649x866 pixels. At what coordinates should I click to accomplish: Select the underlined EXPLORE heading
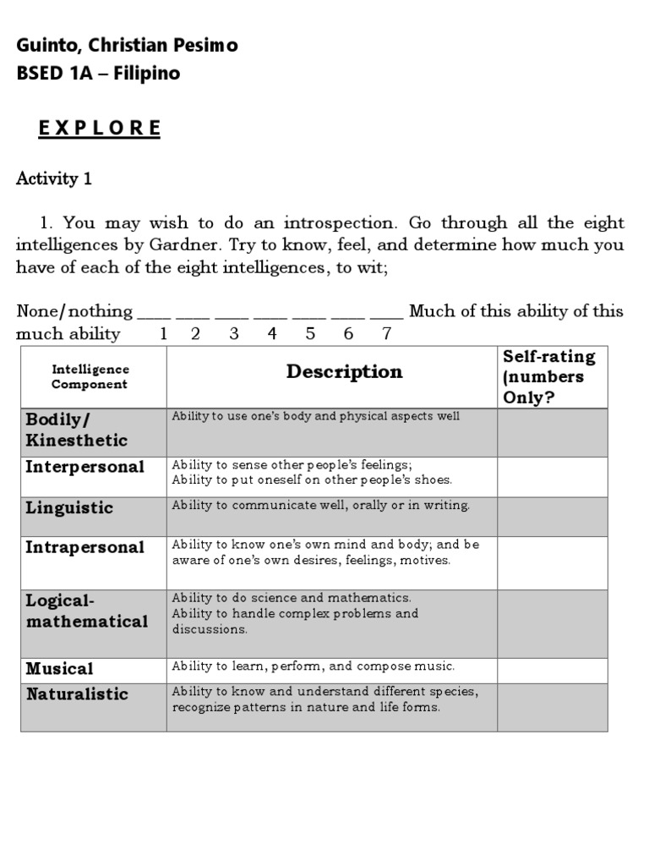pos(100,129)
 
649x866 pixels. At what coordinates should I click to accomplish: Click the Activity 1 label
pos(54,178)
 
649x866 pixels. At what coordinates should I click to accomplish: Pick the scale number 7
pos(387,333)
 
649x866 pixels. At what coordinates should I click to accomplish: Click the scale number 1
pos(163,333)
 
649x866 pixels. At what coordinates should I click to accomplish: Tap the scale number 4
pos(272,333)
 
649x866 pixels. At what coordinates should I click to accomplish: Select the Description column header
pos(344,372)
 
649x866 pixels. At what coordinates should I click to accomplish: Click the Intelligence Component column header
pos(90,377)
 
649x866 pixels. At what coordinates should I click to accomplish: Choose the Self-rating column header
pos(549,377)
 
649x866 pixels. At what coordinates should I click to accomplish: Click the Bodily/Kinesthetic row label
pos(76,430)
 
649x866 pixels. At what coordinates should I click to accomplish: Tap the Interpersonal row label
pos(85,467)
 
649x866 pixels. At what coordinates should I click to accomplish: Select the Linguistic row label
pos(69,508)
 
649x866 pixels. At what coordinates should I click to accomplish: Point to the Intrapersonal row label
pos(85,547)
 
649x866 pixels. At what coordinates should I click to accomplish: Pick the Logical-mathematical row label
pos(86,611)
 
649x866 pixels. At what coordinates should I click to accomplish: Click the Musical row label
pos(59,669)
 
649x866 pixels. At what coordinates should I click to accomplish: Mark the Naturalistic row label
pos(77,694)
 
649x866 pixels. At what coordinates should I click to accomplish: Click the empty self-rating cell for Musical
pos(552,671)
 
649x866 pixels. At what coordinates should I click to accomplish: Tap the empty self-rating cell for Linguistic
pos(552,516)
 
